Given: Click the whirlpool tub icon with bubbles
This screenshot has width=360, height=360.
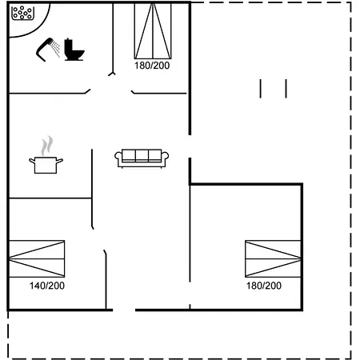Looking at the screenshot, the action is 22,13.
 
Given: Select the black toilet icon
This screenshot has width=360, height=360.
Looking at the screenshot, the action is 74,50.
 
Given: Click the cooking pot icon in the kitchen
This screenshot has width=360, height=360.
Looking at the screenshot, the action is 46,165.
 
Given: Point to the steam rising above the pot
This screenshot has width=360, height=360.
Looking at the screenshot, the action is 47,146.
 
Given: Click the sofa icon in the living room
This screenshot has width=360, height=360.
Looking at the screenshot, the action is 142,158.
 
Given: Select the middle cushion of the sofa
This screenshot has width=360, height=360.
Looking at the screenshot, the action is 142,155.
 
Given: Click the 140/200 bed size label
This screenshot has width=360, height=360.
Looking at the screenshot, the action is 47,286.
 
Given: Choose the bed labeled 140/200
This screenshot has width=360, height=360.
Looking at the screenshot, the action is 37,258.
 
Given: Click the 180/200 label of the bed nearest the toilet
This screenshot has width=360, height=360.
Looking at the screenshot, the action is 152,66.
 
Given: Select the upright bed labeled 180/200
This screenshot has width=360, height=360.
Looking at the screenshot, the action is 153,30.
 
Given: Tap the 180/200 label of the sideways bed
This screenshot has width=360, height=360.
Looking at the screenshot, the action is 264,286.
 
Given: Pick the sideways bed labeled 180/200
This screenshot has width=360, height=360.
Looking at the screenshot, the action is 273,258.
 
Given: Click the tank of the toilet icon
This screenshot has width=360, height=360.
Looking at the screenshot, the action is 68,46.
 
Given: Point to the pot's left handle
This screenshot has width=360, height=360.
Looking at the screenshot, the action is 32,161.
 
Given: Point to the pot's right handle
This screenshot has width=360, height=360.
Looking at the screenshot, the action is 60,161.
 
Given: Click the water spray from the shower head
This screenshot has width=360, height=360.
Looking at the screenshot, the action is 56,49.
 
